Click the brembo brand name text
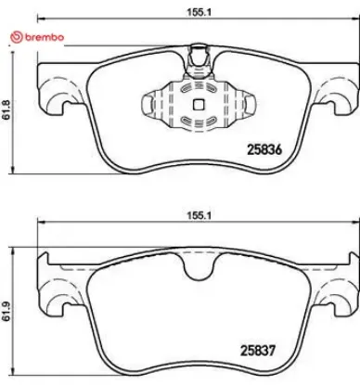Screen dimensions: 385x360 pos(42,36)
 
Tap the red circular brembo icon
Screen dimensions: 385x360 pos(13,36)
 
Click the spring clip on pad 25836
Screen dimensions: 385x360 pos(196,104)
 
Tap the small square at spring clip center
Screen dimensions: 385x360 pos(196,104)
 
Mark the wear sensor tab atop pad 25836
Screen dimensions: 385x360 pos(196,58)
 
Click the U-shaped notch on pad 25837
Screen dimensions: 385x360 pos(196,269)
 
